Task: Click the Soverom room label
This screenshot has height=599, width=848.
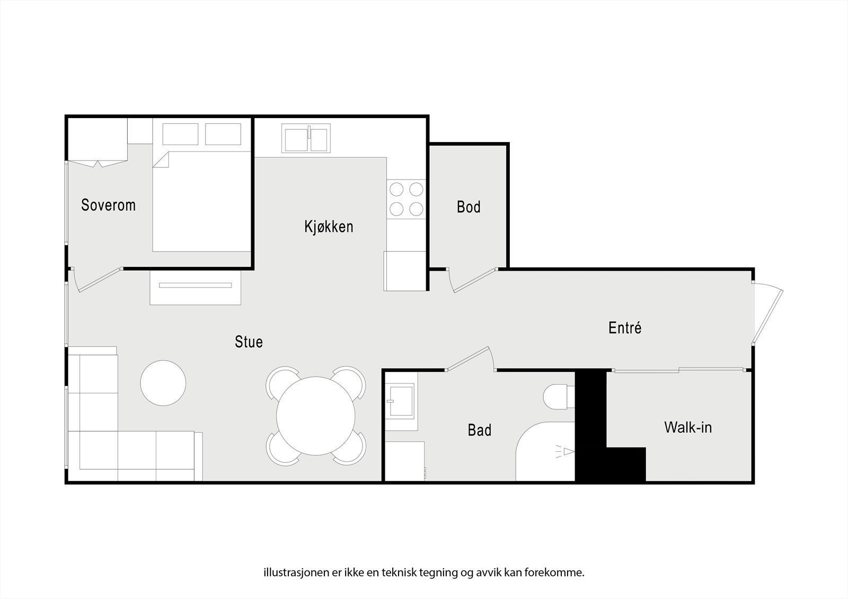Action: click(x=108, y=205)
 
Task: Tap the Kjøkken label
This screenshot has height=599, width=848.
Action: click(x=329, y=227)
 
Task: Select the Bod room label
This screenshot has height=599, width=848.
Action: click(x=469, y=207)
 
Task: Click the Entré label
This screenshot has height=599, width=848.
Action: click(x=625, y=328)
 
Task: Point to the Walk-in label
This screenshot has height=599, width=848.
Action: click(x=687, y=427)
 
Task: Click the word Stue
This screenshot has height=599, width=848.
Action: click(x=249, y=342)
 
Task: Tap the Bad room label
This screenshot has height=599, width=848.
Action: click(x=479, y=430)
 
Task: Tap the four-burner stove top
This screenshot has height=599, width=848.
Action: click(x=406, y=199)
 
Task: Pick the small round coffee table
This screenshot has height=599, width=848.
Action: click(x=163, y=383)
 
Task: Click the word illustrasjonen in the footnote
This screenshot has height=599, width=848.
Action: click(x=290, y=573)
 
